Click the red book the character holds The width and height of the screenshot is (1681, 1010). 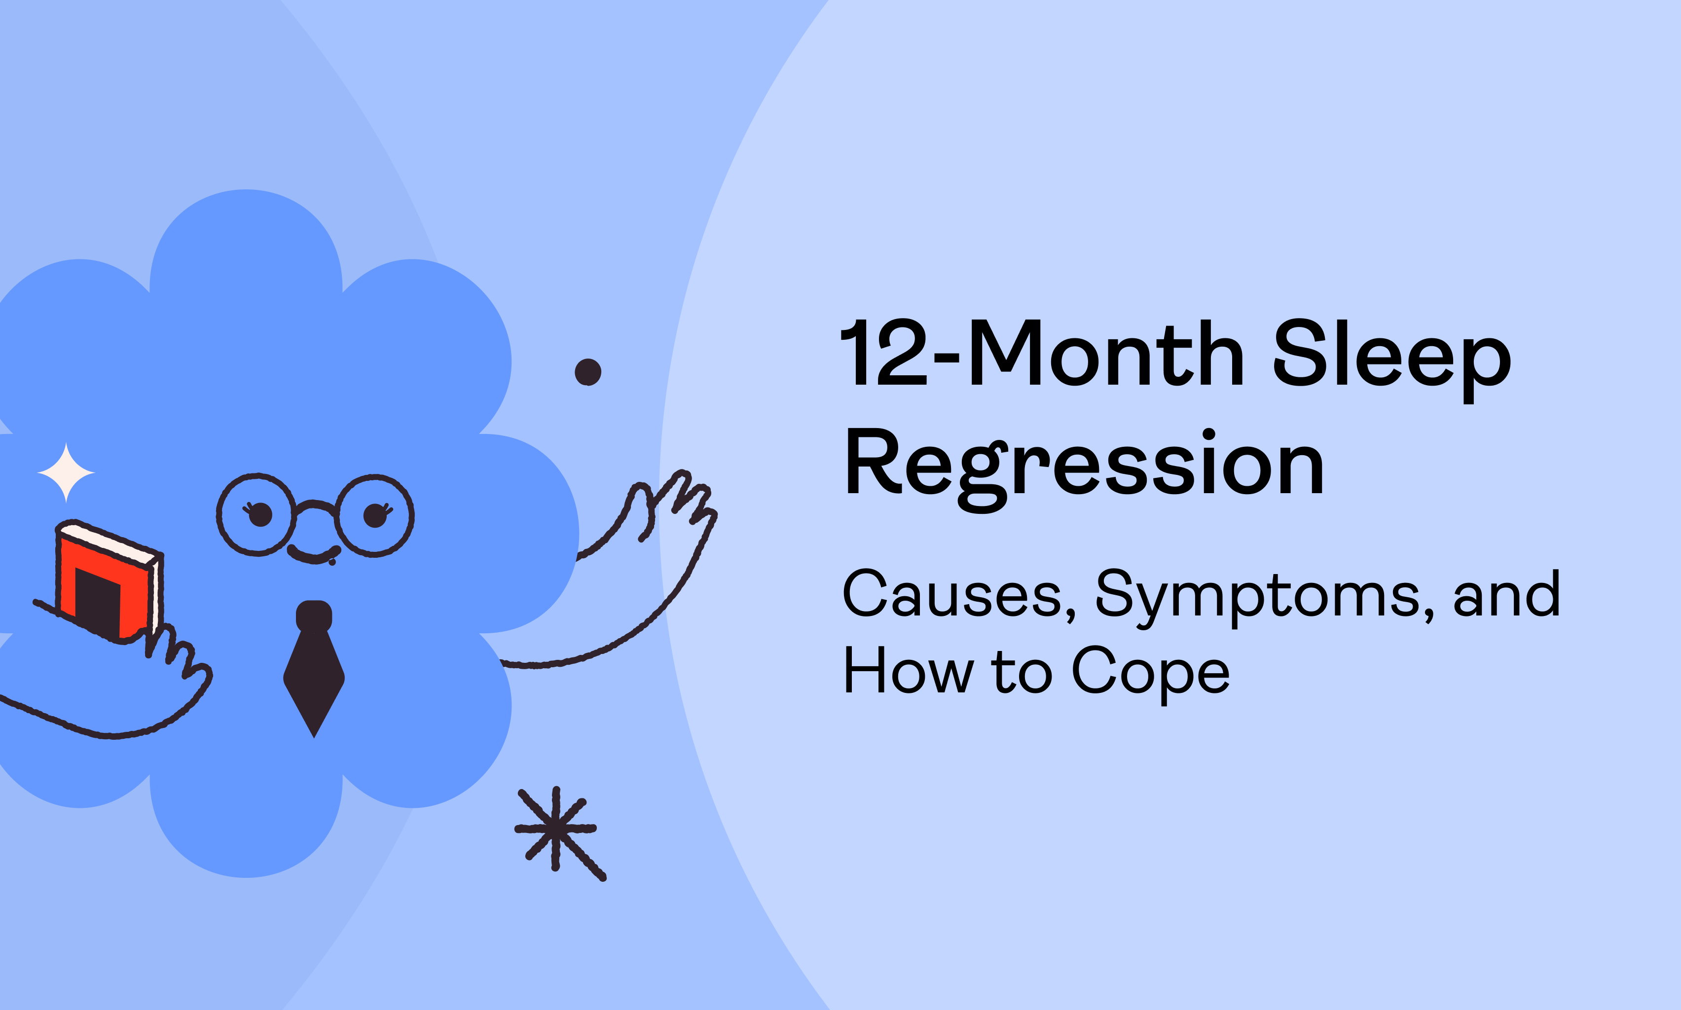109,582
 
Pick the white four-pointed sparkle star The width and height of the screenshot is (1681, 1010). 66,472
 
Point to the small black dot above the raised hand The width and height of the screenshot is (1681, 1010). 588,372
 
